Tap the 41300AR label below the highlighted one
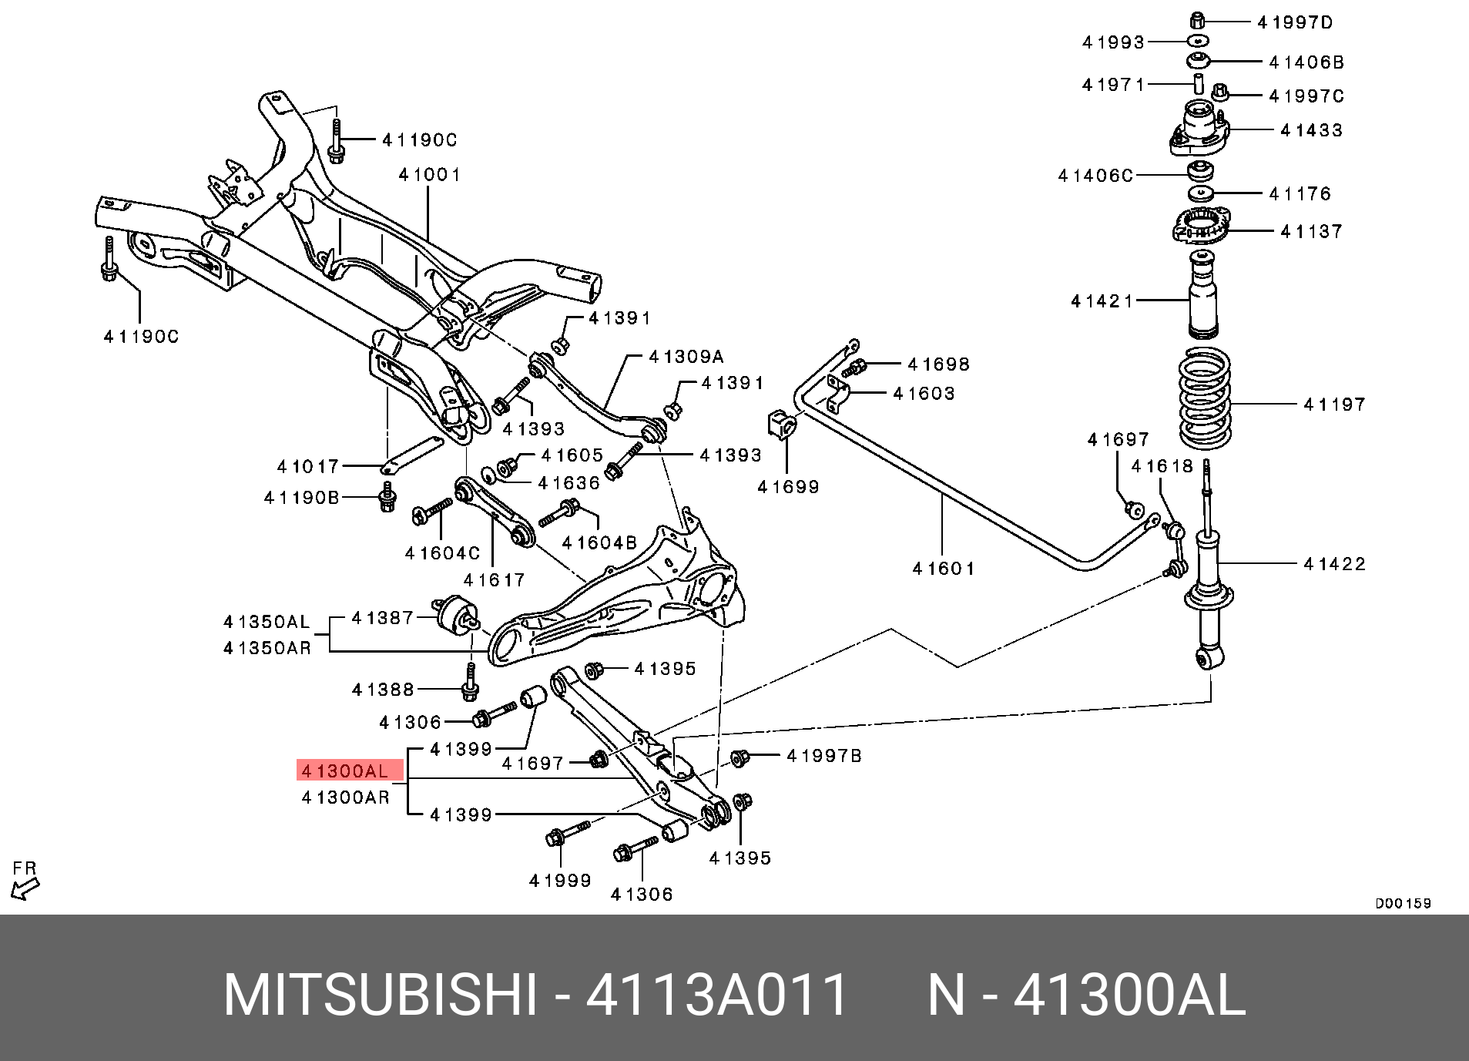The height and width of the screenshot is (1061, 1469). click(x=345, y=797)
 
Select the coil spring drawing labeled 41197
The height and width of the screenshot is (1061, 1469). click(x=1205, y=398)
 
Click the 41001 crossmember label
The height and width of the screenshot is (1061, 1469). click(x=429, y=175)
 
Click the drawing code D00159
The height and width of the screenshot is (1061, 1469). click(x=1403, y=903)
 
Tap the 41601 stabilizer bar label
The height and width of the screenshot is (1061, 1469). click(x=943, y=569)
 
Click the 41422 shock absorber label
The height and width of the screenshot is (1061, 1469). click(x=1334, y=564)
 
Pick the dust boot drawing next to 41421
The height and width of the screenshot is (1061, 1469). click(x=1202, y=296)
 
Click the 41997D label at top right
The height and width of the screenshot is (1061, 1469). click(x=1295, y=22)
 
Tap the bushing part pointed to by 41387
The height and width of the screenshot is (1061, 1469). click(x=456, y=615)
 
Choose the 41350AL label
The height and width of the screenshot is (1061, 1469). click(x=267, y=622)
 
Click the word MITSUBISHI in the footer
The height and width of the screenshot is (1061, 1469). click(x=380, y=995)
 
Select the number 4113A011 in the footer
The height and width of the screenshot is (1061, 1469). click(x=716, y=995)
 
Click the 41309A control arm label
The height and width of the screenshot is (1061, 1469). click(x=686, y=357)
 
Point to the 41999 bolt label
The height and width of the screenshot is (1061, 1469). click(x=560, y=881)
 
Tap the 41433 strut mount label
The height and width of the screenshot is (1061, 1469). click(x=1311, y=130)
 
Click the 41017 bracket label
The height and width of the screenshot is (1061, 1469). click(x=307, y=466)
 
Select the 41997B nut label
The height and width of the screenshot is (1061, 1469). click(x=823, y=756)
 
